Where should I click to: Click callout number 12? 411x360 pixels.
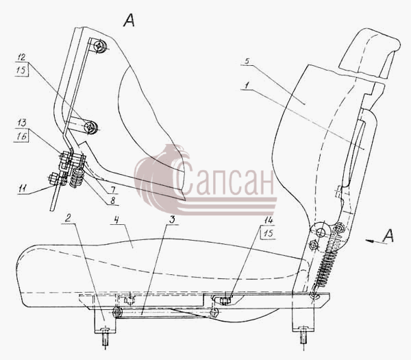coord(22,57)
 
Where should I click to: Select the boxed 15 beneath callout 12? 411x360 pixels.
coord(22,70)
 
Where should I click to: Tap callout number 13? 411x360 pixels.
coord(22,123)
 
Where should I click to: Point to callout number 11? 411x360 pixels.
coord(23,188)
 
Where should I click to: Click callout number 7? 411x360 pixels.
coord(113,189)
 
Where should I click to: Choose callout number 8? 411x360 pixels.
coord(112,200)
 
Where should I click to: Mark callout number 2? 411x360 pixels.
coord(68,218)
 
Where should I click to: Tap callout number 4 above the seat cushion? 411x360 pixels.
coord(116,220)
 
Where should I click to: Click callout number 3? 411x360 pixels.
coord(172,219)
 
